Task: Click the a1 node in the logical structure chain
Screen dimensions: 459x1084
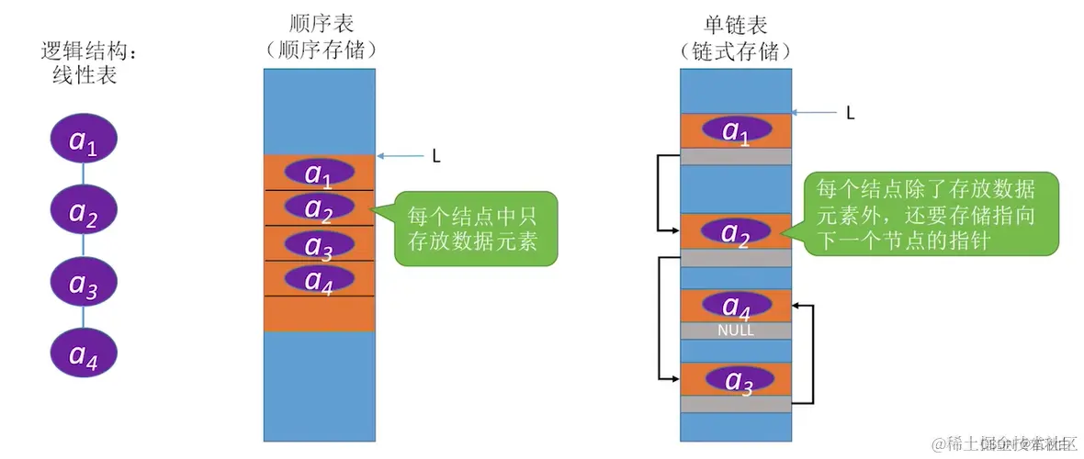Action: (85, 141)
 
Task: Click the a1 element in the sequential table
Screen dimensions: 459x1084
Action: (319, 173)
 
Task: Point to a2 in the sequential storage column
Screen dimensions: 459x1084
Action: (319, 208)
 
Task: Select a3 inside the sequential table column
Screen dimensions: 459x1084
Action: (319, 244)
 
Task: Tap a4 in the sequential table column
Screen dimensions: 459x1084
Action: (319, 278)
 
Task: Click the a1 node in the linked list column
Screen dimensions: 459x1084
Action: (735, 131)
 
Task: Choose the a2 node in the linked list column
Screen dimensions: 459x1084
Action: (735, 232)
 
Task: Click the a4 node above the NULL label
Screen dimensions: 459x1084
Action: (735, 305)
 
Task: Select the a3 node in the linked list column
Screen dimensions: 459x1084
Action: (735, 379)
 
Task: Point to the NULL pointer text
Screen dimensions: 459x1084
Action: (735, 330)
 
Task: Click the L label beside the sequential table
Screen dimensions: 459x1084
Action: (436, 157)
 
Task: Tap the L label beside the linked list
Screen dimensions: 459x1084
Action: (850, 113)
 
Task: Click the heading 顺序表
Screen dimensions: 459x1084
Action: (320, 24)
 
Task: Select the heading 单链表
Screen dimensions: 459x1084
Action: (735, 24)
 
